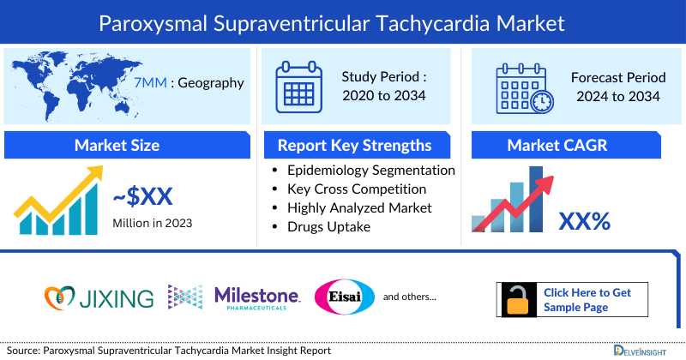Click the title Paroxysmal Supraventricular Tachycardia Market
coord(343,21)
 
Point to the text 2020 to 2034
coord(384,95)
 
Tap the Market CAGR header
coord(569,145)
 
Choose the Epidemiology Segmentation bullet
coord(370,171)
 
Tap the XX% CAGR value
coord(584,221)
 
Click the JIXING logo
coord(99,297)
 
